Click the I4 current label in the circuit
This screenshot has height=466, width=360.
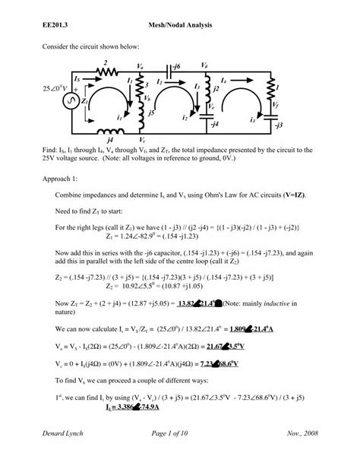click(x=223, y=79)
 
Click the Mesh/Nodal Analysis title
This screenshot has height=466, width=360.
click(x=180, y=26)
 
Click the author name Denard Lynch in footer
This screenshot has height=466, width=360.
click(x=65, y=453)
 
